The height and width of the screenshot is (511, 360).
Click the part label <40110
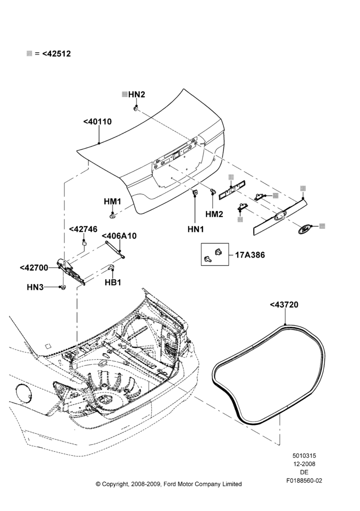pyautogui.click(x=97, y=122)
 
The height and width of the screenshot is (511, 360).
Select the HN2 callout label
pyautogui.click(x=137, y=95)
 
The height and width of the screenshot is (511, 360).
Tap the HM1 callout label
pyautogui.click(x=112, y=202)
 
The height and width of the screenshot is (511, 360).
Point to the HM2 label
pyautogui.click(x=214, y=214)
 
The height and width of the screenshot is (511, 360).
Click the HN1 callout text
pyautogui.click(x=196, y=229)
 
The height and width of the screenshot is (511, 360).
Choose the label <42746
pyautogui.click(x=83, y=229)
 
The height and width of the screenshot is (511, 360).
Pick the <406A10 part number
pyautogui.click(x=119, y=236)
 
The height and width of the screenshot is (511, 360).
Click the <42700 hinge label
pyautogui.click(x=34, y=268)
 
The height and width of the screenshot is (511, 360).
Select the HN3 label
pyautogui.click(x=35, y=287)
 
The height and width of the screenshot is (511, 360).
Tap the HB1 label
pyautogui.click(x=113, y=282)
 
